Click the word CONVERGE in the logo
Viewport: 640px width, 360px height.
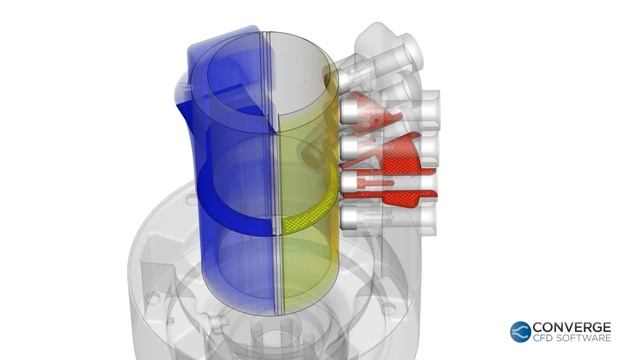tap(572, 327)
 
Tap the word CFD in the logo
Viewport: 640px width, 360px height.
tap(543, 338)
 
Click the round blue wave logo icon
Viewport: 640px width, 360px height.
tap(520, 332)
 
